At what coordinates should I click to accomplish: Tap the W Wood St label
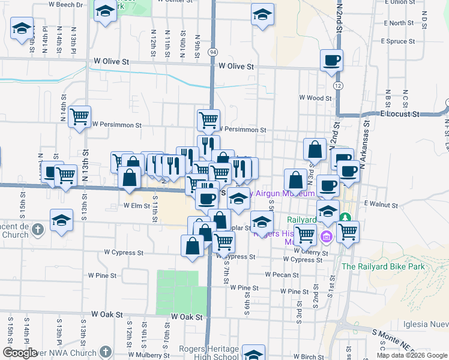[316, 98]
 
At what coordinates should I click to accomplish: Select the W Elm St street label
[136, 205]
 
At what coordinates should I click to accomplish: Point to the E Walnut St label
[381, 205]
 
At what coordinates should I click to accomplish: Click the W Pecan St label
[282, 275]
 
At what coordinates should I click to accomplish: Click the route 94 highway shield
[213, 53]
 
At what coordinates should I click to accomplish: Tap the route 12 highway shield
[339, 86]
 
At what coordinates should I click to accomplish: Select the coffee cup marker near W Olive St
[331, 61]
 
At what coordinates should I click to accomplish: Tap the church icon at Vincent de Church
[37, 229]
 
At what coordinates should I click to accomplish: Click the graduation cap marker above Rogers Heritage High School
[253, 354]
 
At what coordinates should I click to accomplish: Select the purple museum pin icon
[327, 236]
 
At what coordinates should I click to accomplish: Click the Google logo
[20, 353]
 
